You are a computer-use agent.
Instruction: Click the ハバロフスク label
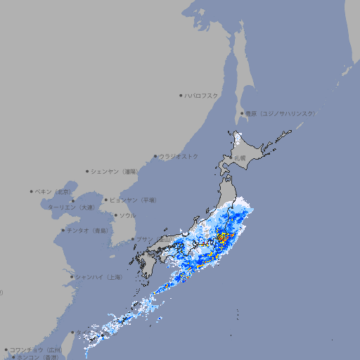pos(202,95)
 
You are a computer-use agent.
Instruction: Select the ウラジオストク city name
pos(179,156)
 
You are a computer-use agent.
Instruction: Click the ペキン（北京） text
pos(54,191)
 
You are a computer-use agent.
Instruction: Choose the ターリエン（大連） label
pos(71,207)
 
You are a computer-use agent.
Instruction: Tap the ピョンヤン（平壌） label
pos(133,200)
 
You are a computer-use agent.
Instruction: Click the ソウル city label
pos(127,215)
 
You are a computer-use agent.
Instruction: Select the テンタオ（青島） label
pos(87,230)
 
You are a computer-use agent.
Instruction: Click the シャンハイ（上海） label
pos(98,277)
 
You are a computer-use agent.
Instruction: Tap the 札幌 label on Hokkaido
pos(240,157)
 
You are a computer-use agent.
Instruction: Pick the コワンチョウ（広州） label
pos(36,349)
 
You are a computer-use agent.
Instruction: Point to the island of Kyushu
pos(149,264)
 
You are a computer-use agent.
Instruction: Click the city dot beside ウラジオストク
pos(155,156)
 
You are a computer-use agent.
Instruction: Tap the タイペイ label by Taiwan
pos(82,331)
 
